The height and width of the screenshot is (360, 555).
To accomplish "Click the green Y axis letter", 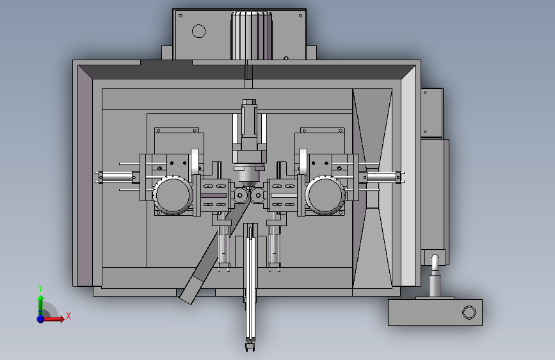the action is pos(40,288).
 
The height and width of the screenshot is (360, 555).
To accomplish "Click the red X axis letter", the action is pos(68,316).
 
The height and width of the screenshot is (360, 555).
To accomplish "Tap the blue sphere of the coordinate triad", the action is pos(41,319).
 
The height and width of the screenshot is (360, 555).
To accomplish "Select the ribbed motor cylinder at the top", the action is pos(252,36).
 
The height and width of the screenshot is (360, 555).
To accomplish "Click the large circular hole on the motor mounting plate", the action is pos(198,31).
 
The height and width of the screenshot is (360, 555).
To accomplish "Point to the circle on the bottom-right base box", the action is pos(469,313).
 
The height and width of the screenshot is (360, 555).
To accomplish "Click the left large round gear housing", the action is pos(173,195).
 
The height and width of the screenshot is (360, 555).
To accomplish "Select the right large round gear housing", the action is pos(325,195).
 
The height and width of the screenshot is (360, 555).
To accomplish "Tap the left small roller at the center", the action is pos(240,195).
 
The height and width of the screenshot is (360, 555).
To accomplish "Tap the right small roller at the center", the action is pos(258,195).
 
